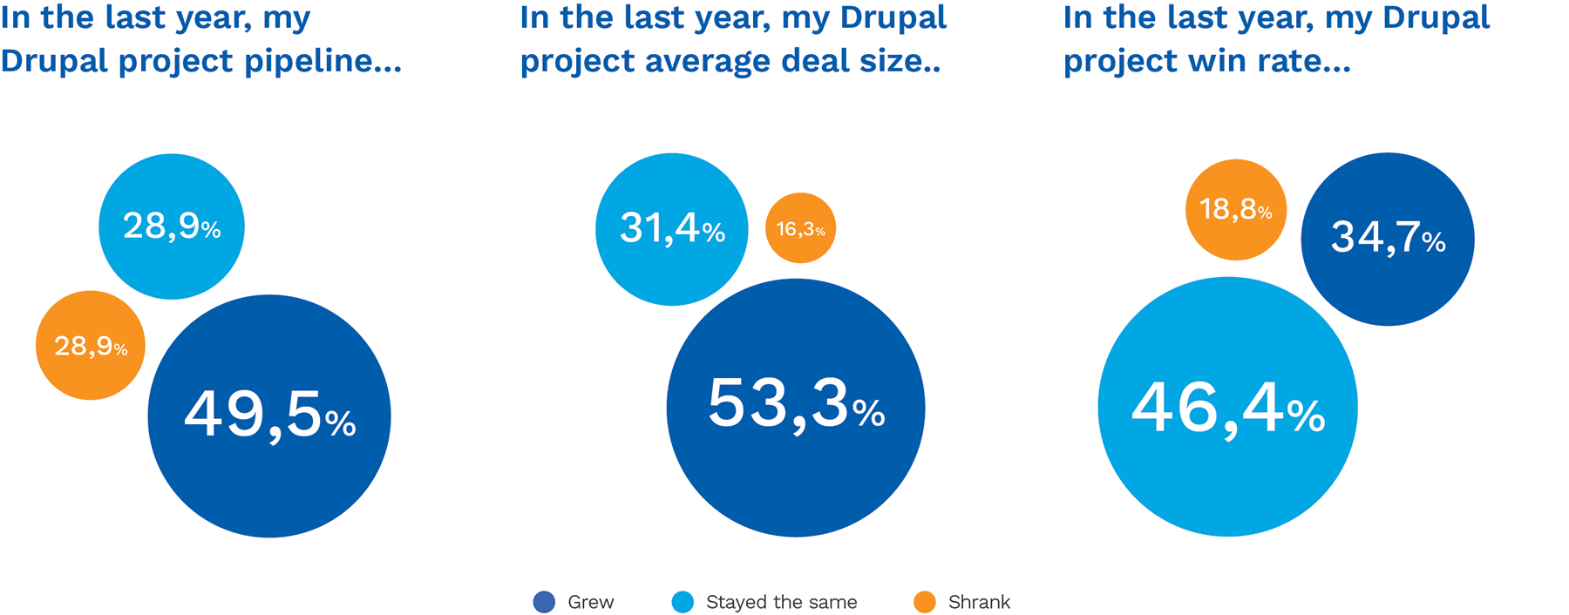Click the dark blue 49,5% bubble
coord(269,416)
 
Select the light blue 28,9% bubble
coord(172,226)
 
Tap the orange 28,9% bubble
coord(91,345)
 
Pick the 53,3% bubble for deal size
coord(795,407)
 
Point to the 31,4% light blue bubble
coord(672,229)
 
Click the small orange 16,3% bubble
coord(800,228)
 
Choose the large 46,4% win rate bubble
coord(1227,407)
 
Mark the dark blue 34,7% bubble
coord(1388,239)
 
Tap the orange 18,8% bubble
coord(1236,209)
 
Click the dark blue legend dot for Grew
coord(544,602)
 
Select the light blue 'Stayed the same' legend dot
coord(683,602)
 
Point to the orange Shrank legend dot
coord(925,602)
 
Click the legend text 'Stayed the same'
coord(781,602)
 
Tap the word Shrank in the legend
coord(979,602)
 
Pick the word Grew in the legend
coord(590,602)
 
